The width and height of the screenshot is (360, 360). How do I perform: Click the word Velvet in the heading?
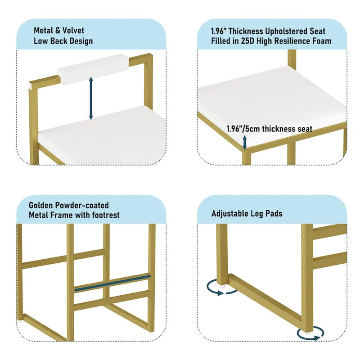[x=73, y=30]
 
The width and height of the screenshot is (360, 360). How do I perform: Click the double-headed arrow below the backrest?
[x=91, y=98]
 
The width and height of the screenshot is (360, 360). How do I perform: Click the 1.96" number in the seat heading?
[x=218, y=31]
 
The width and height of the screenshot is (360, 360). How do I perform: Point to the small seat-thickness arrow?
[x=245, y=142]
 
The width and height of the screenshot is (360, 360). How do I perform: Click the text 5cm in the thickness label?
[x=252, y=129]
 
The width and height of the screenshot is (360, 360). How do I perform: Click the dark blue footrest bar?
[x=112, y=283]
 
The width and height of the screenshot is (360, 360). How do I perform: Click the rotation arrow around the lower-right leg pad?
[x=310, y=334]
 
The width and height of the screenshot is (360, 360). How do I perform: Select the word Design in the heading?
[x=81, y=41]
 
